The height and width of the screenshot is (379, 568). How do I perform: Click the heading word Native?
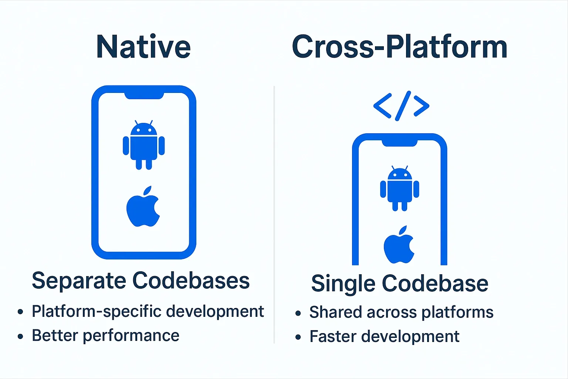pyautogui.click(x=143, y=47)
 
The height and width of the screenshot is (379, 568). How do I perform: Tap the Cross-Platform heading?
pyautogui.click(x=399, y=47)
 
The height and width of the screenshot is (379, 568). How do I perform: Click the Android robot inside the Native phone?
pyautogui.click(x=143, y=145)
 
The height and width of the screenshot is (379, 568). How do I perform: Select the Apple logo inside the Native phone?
pyautogui.click(x=143, y=207)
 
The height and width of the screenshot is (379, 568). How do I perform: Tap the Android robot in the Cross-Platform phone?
pyautogui.click(x=399, y=188)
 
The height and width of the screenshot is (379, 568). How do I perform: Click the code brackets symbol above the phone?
pyautogui.click(x=402, y=106)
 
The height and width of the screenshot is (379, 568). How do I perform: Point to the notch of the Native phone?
pyautogui.click(x=144, y=95)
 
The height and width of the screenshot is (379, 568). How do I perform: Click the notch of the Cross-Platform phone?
pyautogui.click(x=399, y=142)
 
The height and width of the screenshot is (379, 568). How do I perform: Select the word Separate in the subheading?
pyautogui.click(x=79, y=281)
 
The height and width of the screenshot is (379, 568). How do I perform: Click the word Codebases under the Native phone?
pyautogui.click(x=191, y=281)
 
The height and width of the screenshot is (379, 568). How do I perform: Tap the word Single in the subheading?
pyautogui.click(x=343, y=284)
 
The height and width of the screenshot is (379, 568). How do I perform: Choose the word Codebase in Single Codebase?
pyautogui.click(x=435, y=284)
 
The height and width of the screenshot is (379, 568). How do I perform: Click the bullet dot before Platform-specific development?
pyautogui.click(x=20, y=312)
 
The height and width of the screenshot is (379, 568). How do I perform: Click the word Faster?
pyautogui.click(x=333, y=336)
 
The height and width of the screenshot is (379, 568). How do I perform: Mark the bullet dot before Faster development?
pyautogui.click(x=298, y=337)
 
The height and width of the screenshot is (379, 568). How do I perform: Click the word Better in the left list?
pyautogui.click(x=55, y=335)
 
